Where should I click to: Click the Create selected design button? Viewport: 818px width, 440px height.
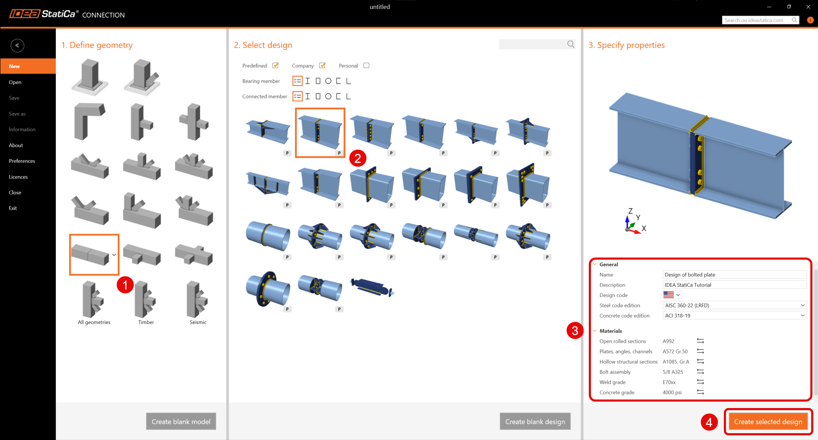[x=768, y=422]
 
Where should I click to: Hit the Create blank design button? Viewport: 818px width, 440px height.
[x=535, y=422]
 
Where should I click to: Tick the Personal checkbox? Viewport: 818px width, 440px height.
[x=366, y=66]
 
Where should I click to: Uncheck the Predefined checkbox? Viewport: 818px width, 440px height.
[x=276, y=66]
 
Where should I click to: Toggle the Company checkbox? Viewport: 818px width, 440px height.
[x=323, y=66]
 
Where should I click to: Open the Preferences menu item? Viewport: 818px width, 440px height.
[x=22, y=161]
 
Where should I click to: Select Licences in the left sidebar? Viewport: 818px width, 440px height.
[x=18, y=177]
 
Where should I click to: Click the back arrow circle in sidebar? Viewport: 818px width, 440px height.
[x=17, y=46]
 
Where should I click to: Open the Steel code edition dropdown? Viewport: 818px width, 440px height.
[x=734, y=305]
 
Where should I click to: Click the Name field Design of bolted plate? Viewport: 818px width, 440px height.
[x=734, y=275]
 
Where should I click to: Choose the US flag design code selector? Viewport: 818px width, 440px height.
[x=672, y=295]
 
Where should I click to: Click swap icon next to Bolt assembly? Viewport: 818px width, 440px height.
[x=700, y=372]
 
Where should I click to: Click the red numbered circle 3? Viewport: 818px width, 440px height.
[x=575, y=330]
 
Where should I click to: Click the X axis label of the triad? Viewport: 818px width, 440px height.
[x=644, y=229]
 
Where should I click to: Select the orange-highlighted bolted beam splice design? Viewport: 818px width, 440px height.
[x=320, y=133]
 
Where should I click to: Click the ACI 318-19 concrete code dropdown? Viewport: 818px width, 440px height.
[x=734, y=316]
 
